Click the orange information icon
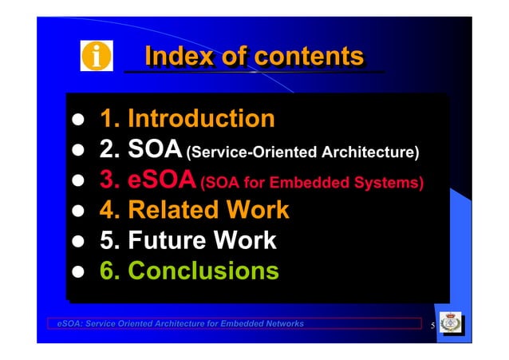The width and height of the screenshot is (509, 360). click(x=97, y=57)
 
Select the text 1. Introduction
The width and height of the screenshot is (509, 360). click(x=187, y=119)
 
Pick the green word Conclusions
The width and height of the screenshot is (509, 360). click(x=203, y=271)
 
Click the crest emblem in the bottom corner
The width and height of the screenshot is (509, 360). click(x=452, y=324)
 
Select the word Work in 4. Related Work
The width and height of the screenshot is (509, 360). click(x=258, y=211)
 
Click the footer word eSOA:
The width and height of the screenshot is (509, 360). click(x=69, y=323)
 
